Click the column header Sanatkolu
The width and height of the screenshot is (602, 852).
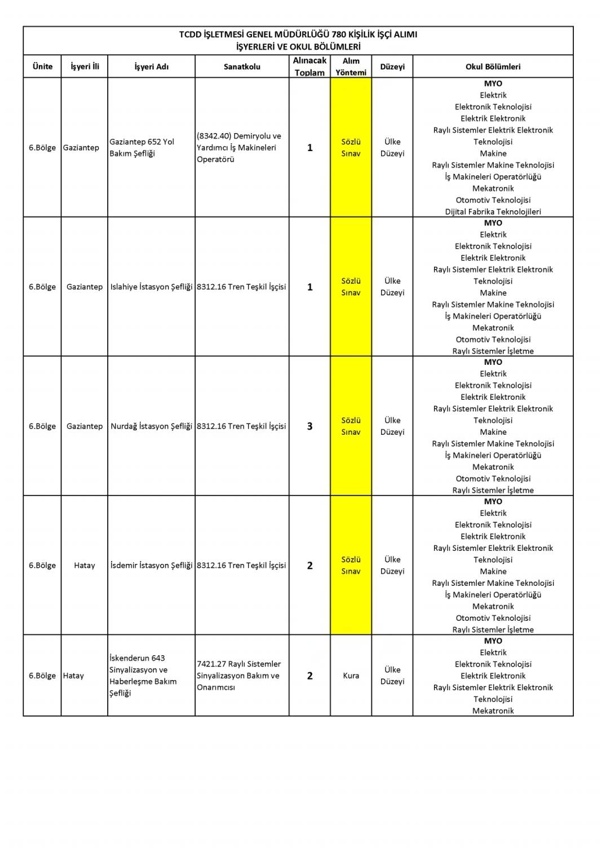[242, 67]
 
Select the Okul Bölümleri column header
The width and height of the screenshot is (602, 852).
[493, 67]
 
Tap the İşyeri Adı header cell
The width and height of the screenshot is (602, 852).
[151, 67]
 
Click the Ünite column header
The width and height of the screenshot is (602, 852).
[42, 67]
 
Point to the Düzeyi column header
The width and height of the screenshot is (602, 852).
[392, 67]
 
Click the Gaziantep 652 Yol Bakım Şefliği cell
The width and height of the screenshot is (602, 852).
[142, 148]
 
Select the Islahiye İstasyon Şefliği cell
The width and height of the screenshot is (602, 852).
[151, 287]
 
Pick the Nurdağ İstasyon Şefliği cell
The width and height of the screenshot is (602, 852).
[151, 426]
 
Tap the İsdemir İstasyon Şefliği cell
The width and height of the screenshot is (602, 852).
[151, 566]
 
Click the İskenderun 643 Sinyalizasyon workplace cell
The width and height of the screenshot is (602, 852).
[143, 676]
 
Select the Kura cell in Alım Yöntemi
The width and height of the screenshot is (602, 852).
[351, 676]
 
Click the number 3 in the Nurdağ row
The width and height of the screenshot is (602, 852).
[309, 426]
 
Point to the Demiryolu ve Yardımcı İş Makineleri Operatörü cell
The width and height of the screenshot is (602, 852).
[239, 148]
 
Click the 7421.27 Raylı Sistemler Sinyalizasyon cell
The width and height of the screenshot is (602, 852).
[238, 676]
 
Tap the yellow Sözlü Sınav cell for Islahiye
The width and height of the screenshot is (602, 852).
[351, 287]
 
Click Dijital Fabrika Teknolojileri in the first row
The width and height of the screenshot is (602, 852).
[493, 212]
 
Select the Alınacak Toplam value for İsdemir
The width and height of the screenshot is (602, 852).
[309, 566]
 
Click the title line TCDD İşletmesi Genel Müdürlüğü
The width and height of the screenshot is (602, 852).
[298, 34]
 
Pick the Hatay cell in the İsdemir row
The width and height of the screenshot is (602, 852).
[85, 566]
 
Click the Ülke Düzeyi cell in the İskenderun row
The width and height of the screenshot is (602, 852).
[392, 676]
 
